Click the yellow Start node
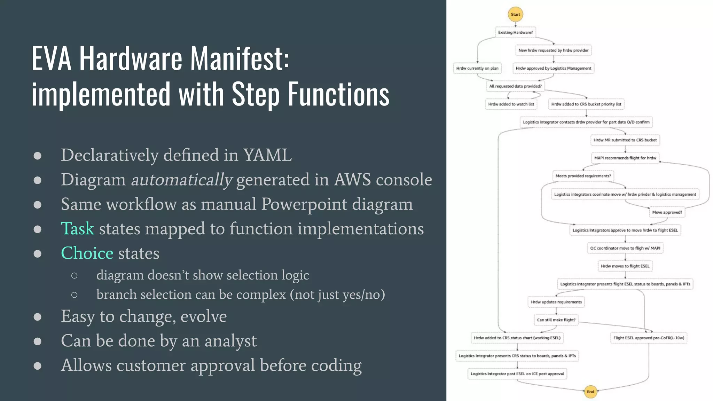pyautogui.click(x=515, y=14)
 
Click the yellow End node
pyautogui.click(x=590, y=392)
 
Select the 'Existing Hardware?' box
pyautogui.click(x=515, y=32)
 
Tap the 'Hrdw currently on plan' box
pyautogui.click(x=477, y=68)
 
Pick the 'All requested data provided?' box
pyautogui.click(x=515, y=86)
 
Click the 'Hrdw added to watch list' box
pyautogui.click(x=511, y=104)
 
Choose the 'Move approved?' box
pyautogui.click(x=667, y=212)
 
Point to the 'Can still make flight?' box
pyautogui.click(x=556, y=320)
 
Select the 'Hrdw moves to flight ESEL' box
pyautogui.click(x=625, y=266)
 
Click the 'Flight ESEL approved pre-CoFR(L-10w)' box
pyautogui.click(x=649, y=338)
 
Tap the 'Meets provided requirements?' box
pyautogui.click(x=583, y=176)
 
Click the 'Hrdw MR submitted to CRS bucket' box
pyautogui.click(x=625, y=140)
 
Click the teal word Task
pyautogui.click(x=77, y=229)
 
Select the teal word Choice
pyautogui.click(x=87, y=253)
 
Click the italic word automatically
pyautogui.click(x=181, y=180)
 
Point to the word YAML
pyautogui.click(x=267, y=155)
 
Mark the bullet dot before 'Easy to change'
pyautogui.click(x=38, y=317)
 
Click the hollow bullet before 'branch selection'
pyautogui.click(x=74, y=295)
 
